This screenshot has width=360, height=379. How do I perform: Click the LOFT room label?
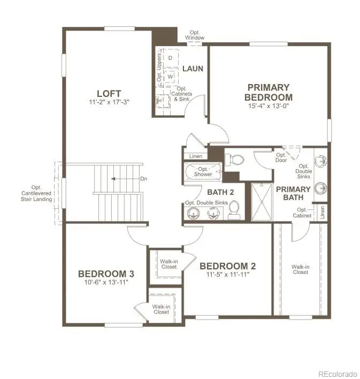tap(109, 93)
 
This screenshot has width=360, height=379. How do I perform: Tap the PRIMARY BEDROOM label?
tap(268, 92)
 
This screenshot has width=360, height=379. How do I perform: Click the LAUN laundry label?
tap(192, 69)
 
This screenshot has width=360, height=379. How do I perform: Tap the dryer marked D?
tap(170, 57)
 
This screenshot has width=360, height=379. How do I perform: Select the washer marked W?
tap(170, 77)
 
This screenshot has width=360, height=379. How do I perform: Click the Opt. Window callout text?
tap(195, 35)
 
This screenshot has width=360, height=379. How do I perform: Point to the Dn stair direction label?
tap(144, 179)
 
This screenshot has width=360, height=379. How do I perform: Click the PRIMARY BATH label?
tap(293, 193)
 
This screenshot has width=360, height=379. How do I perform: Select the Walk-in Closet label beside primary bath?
tap(300, 269)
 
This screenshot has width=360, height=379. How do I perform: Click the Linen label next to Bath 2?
tap(196, 156)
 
